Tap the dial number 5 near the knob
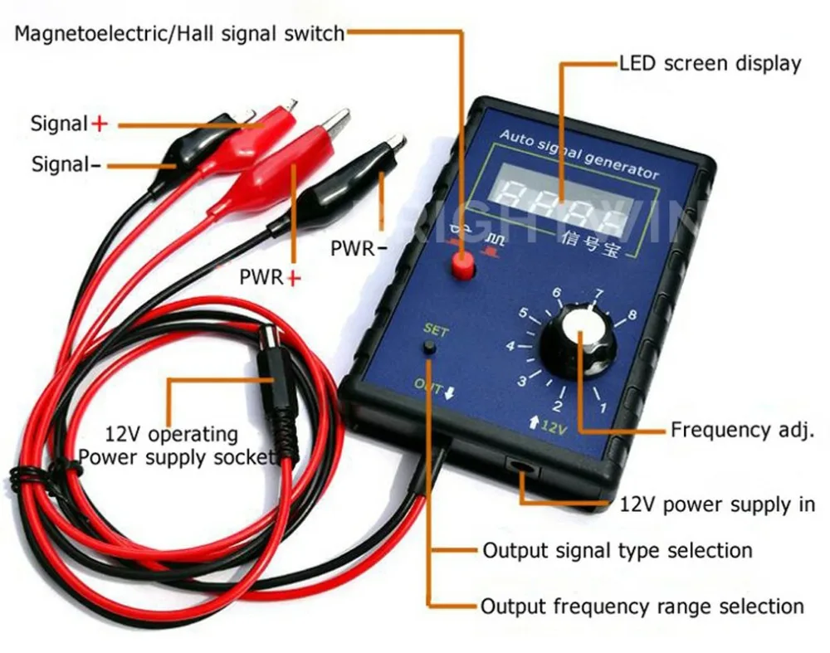524,314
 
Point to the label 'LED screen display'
710,64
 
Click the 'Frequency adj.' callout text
739,430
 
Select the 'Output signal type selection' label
618,550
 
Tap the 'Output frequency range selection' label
642,607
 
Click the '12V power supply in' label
718,504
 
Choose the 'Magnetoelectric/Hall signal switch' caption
178,34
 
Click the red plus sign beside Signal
100,124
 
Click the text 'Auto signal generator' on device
579,155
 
